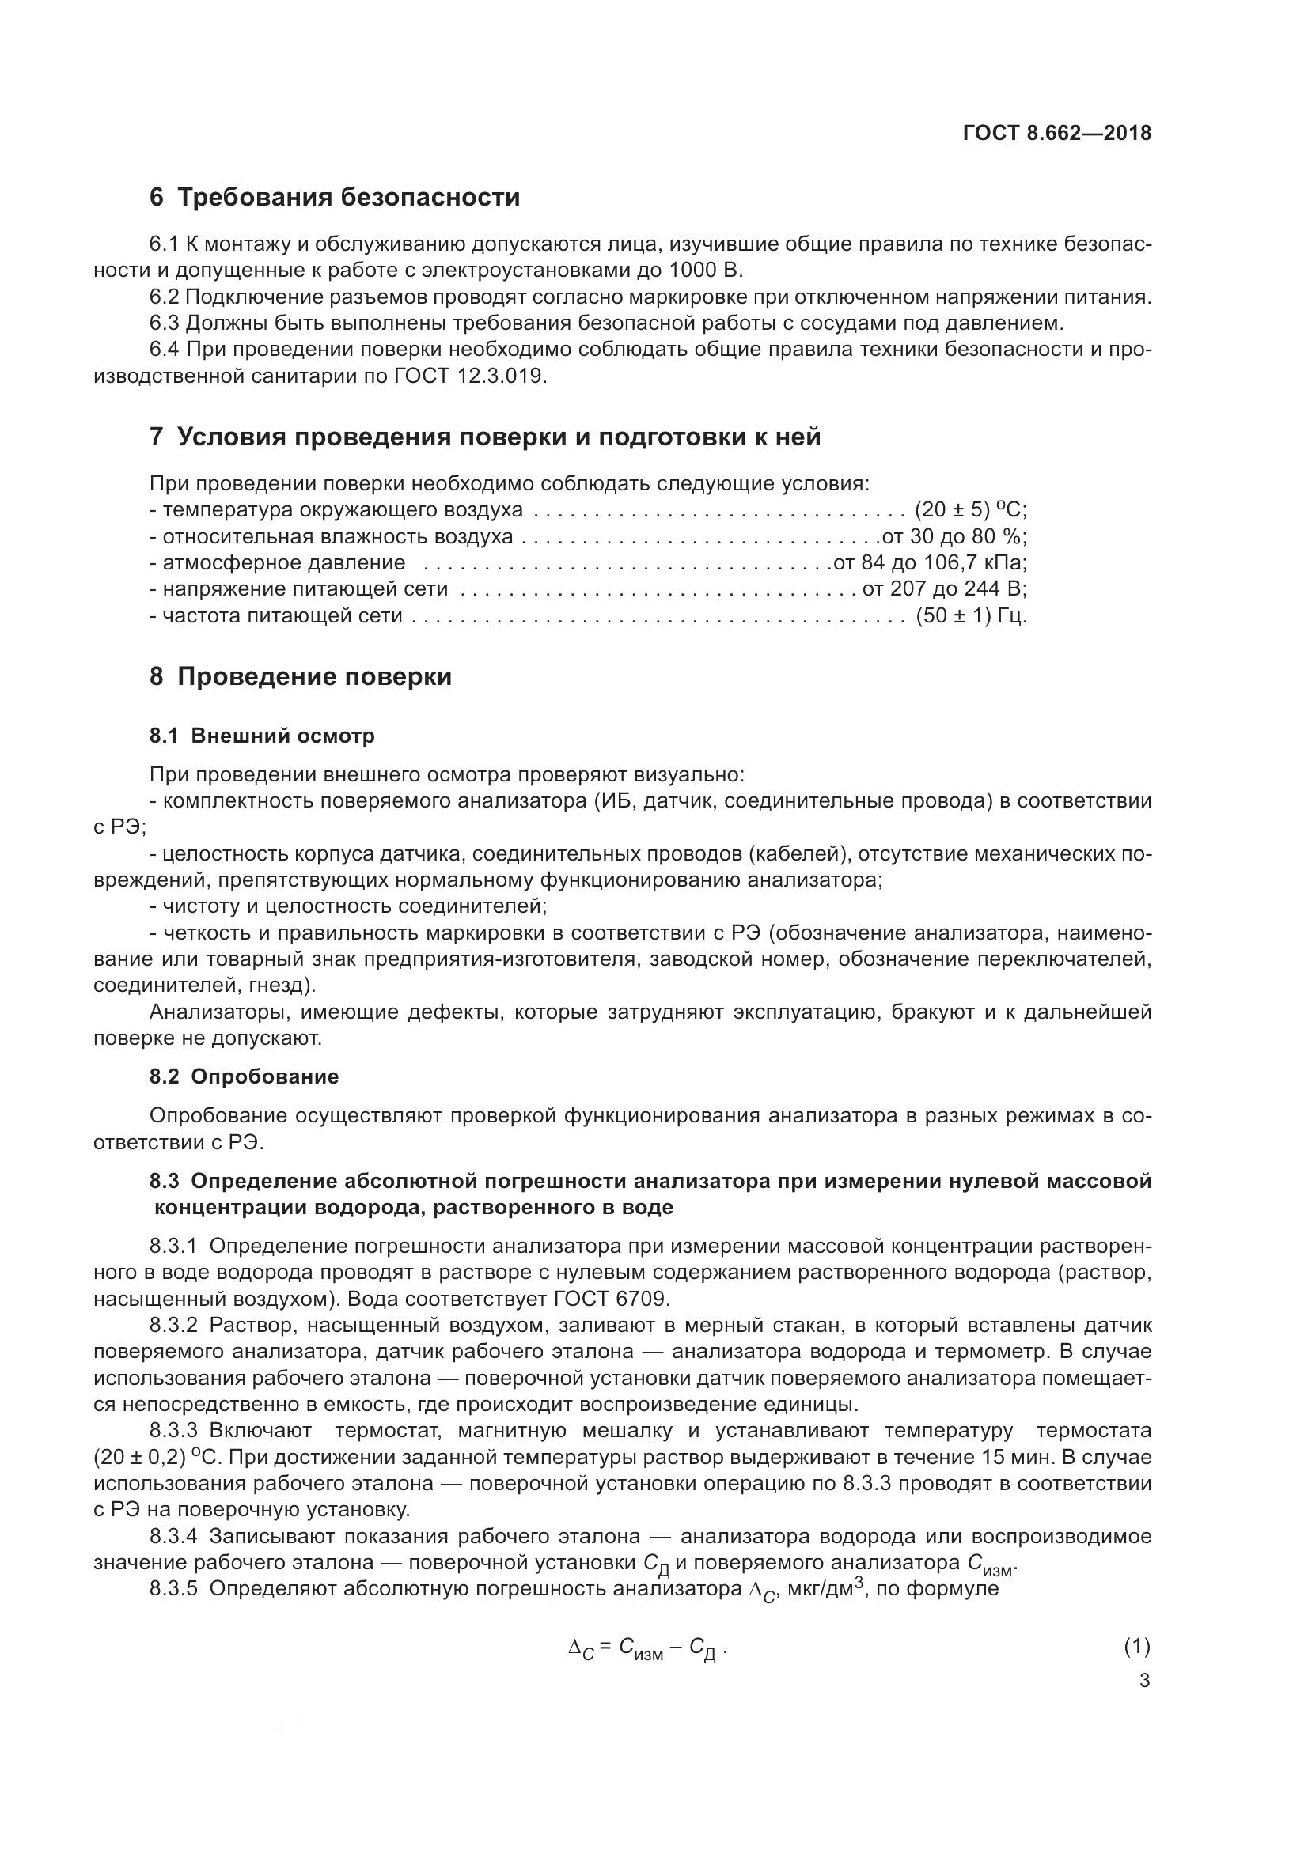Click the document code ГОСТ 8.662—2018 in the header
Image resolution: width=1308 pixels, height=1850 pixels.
point(1056,134)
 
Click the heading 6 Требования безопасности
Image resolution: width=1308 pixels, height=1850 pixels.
point(335,198)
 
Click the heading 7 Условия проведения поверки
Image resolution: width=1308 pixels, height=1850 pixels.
point(485,437)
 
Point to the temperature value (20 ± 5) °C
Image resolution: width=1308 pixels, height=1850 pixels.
point(969,510)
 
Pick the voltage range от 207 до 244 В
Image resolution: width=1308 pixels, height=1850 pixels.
point(944,589)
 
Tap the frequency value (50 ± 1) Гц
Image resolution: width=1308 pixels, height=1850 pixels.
point(970,615)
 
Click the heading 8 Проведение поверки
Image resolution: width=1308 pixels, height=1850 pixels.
point(301,677)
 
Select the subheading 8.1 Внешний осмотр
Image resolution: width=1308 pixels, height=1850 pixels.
point(262,736)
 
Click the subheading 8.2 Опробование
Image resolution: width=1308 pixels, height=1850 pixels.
point(245,1077)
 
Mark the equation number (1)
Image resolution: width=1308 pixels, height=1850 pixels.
point(1136,1647)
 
